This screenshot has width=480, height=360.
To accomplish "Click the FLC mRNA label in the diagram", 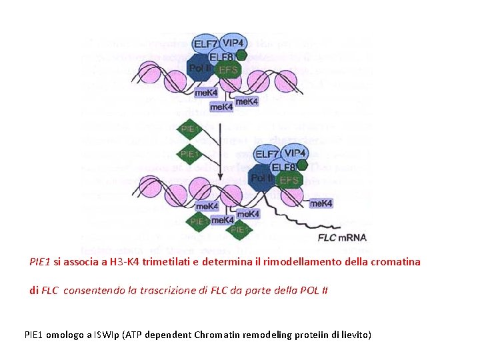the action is tap(341, 238).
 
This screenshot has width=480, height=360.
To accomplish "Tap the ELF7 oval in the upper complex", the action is tap(205, 44).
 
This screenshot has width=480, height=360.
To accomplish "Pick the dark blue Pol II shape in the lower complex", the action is tap(261, 179).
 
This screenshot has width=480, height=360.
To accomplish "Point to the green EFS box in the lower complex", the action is tap(289, 180).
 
